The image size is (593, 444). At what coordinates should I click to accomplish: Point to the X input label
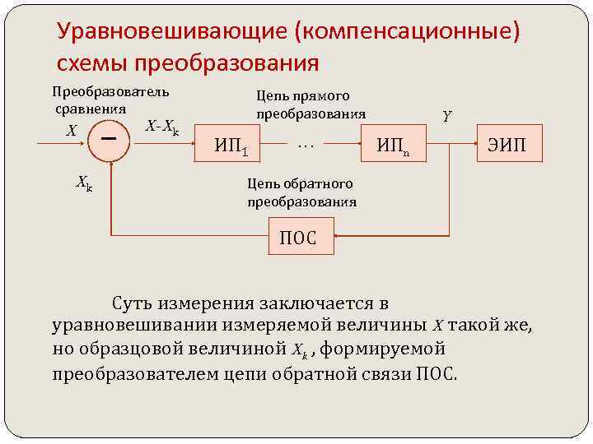[x=72, y=131]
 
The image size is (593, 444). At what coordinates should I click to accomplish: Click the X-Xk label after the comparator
[x=161, y=127]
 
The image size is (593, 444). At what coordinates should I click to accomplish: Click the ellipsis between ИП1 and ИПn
[x=306, y=146]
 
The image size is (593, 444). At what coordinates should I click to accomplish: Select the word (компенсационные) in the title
[x=411, y=32]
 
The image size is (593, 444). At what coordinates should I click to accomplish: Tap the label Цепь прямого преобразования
[x=311, y=104]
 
